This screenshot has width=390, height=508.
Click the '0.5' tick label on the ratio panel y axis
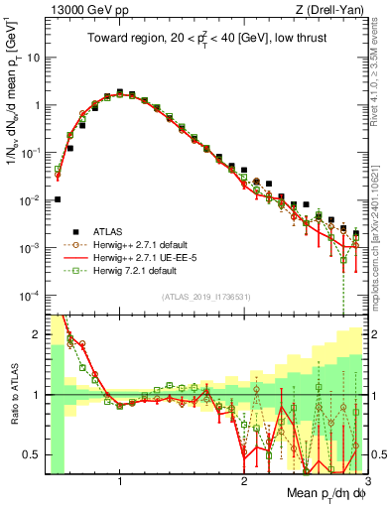tap(32, 455)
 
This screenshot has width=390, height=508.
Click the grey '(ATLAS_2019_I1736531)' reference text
tap(206, 298)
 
